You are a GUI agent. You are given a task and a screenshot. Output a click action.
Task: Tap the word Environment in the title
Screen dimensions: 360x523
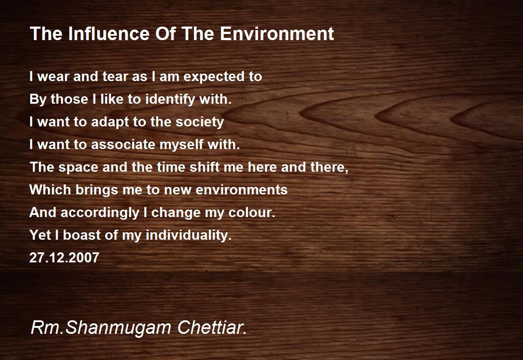[277, 34]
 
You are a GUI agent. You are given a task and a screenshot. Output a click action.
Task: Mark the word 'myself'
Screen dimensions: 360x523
[183, 145]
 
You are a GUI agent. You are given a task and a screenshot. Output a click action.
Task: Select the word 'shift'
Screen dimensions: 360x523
[204, 167]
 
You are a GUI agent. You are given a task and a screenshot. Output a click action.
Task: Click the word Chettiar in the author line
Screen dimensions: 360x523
[212, 327]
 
